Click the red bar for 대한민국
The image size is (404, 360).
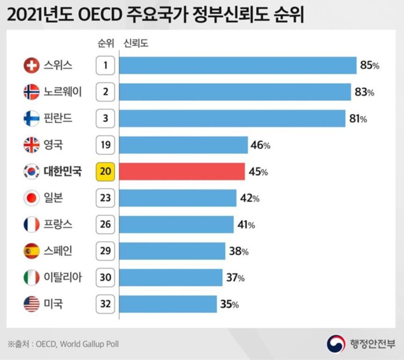182,172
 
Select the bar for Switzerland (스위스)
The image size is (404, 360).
238,65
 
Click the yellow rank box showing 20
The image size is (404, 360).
105,172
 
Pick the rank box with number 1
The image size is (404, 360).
105,65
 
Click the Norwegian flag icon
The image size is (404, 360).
31,92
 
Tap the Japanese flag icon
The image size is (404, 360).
31,198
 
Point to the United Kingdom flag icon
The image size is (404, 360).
31,145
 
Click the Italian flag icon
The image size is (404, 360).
31,278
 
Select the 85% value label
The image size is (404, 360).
369,65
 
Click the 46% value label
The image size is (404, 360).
260,145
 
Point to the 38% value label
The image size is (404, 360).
238,251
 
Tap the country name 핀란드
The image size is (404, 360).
58,118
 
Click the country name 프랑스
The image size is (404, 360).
58,225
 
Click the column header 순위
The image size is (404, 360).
105,44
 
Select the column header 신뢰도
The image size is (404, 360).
136,44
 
